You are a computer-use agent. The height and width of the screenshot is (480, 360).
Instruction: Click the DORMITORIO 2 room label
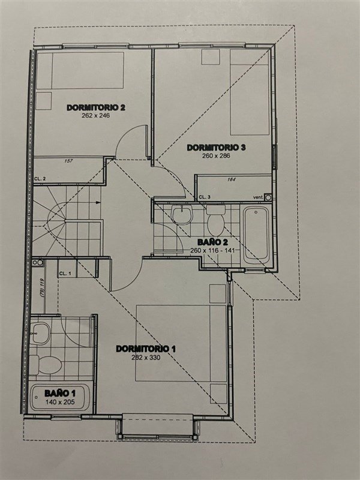pyautogui.click(x=96, y=107)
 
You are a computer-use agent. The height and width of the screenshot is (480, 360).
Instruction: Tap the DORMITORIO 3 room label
pyautogui.click(x=216, y=148)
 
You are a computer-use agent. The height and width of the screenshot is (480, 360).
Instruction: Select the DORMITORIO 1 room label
pyautogui.click(x=146, y=349)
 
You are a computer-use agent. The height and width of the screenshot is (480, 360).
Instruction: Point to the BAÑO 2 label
pyautogui.click(x=212, y=242)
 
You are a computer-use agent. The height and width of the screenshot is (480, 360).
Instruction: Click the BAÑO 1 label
pyautogui.click(x=60, y=393)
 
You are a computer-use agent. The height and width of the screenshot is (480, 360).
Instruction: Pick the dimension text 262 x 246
pyautogui.click(x=95, y=116)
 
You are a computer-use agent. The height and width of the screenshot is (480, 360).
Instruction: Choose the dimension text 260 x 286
pyautogui.click(x=216, y=156)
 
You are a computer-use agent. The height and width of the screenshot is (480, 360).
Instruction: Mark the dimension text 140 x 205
pyautogui.click(x=60, y=402)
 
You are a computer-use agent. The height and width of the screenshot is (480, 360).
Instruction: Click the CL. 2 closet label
pyautogui.click(x=40, y=179)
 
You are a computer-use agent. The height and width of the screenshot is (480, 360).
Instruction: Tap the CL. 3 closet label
pyautogui.click(x=205, y=197)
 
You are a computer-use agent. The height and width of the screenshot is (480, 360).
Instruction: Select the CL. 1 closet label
pyautogui.click(x=65, y=274)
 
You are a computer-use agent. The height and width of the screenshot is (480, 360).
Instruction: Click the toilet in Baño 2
pyautogui.click(x=216, y=220)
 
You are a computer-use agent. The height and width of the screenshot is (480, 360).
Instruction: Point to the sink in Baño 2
pyautogui.click(x=182, y=215)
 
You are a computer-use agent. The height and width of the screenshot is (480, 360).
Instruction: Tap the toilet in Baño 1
pyautogui.click(x=46, y=364)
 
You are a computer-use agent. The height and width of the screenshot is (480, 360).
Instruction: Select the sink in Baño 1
pyautogui.click(x=41, y=333)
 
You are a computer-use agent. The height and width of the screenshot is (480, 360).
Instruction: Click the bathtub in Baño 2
pyautogui.click(x=257, y=235)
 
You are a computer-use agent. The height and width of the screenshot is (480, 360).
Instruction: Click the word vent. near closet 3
pyautogui.click(x=258, y=197)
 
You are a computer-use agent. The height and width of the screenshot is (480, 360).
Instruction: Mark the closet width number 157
pyautogui.click(x=69, y=161)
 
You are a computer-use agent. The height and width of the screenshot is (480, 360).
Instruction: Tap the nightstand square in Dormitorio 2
pyautogui.click(x=44, y=101)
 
